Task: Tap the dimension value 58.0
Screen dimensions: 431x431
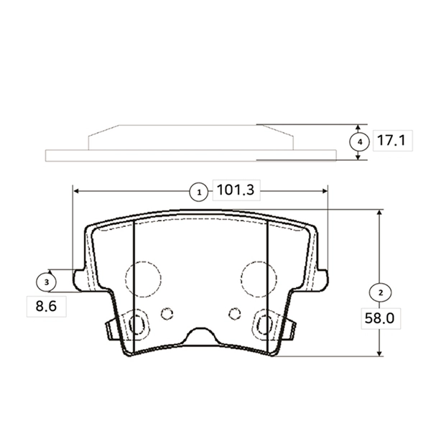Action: coord(379,317)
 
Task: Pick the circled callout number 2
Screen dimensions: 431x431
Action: coord(379,292)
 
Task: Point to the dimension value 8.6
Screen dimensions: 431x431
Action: coord(45,306)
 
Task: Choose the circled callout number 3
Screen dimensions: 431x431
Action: coord(47,282)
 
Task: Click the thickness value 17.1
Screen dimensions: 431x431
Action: coord(391,142)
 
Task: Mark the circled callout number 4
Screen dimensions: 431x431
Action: coord(358,142)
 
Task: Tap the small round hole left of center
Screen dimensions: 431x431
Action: coord(167,313)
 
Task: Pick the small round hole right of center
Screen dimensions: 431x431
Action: coord(233,312)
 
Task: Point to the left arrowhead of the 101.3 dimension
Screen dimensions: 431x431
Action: coord(77,191)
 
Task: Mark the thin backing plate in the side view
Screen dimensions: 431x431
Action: coord(190,155)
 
